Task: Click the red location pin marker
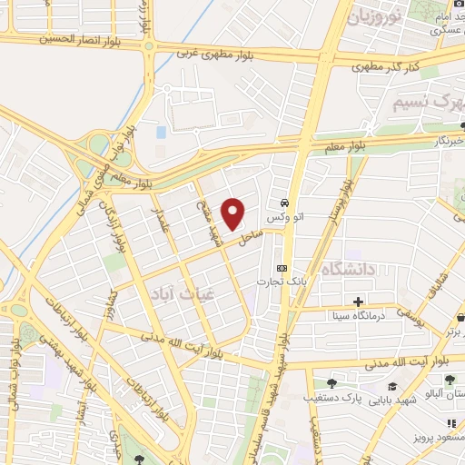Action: tap(234, 213)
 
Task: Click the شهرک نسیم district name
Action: tap(427, 103)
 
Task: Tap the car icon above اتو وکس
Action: tap(285, 203)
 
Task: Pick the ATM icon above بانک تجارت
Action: tap(282, 268)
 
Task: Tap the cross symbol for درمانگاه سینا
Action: tap(359, 301)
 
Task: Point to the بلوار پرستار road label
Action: tap(339, 207)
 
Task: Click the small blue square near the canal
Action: tap(162, 133)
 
